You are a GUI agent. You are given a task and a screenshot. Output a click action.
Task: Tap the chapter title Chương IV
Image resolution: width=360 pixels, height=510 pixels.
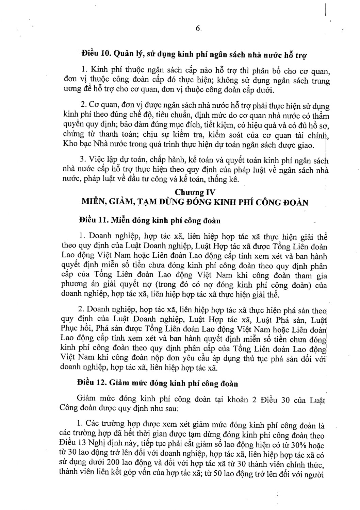[x=195, y=192]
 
